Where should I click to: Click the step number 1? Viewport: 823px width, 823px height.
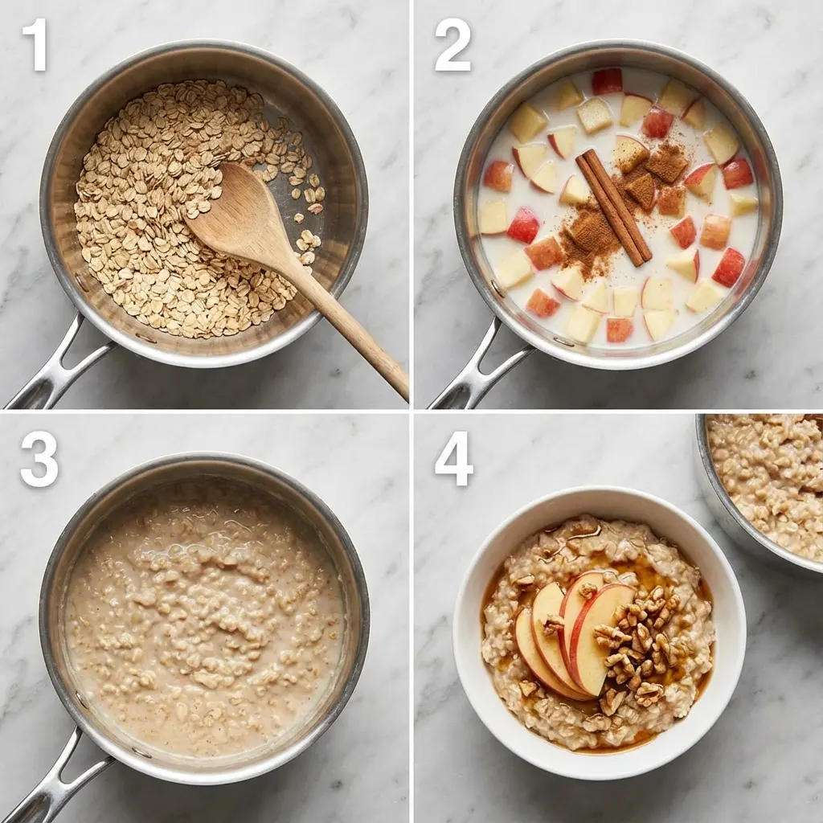(34, 44)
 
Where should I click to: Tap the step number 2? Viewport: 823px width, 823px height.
(452, 45)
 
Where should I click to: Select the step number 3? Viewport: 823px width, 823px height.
(39, 459)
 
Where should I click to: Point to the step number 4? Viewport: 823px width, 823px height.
(453, 459)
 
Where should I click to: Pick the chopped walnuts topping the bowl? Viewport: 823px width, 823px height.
(639, 643)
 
